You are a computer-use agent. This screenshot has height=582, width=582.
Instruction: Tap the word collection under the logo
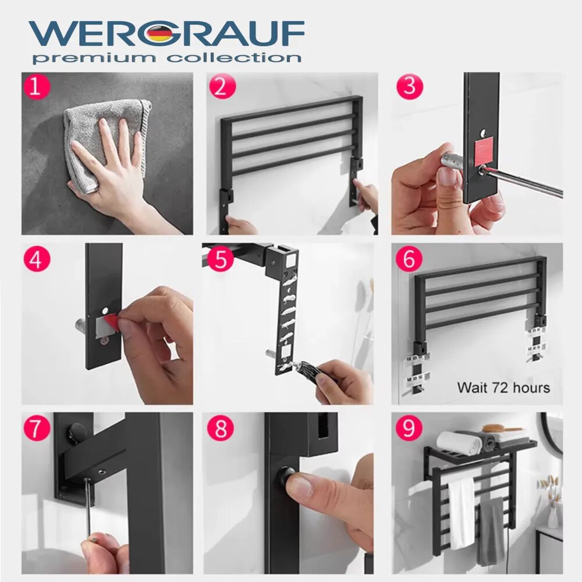pos(234,58)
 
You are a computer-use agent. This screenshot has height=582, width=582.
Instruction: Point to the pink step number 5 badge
pos(221,259)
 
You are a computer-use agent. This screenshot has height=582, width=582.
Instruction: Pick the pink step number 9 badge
pos(409,428)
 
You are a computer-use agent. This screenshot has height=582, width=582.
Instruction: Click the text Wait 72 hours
pos(503,388)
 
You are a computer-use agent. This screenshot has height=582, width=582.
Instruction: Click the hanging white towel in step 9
pos(461,512)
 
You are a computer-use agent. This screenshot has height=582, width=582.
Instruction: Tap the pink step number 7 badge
pos(37,428)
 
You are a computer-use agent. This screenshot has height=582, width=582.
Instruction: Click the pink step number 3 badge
pos(409,87)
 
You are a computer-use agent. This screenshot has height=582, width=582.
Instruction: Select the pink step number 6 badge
pos(409,259)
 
